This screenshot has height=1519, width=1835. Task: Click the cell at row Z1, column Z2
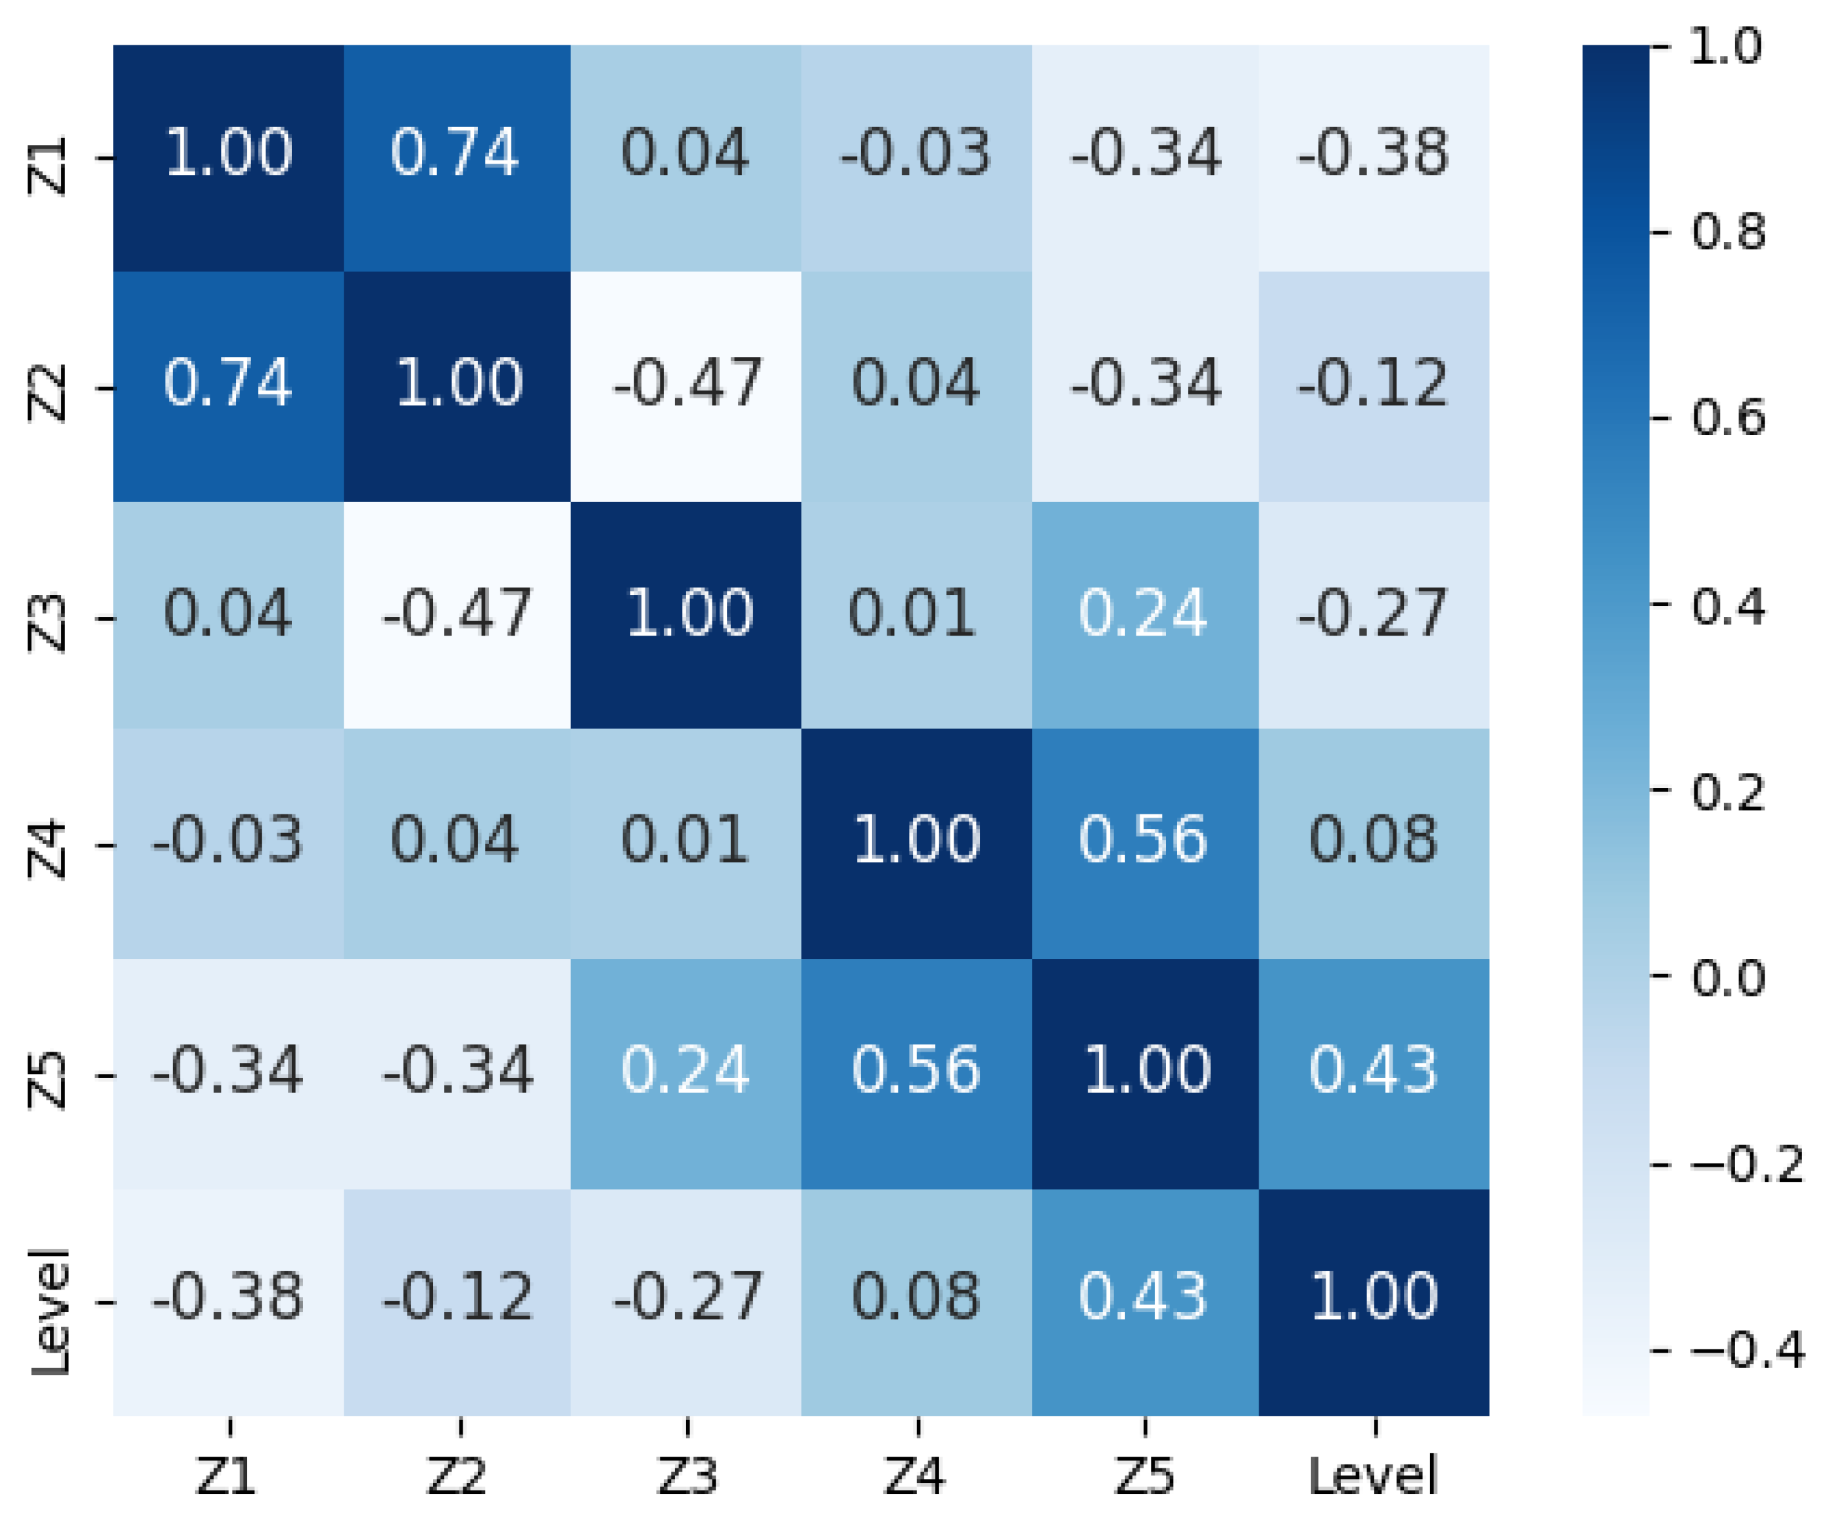(456, 157)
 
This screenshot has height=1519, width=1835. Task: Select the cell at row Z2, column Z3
(686, 386)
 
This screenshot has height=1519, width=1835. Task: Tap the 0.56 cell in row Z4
(1145, 843)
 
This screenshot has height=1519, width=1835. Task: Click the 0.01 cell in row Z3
(916, 615)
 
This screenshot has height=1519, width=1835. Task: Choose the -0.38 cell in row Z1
(1374, 157)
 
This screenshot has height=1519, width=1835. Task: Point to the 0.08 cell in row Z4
(1374, 843)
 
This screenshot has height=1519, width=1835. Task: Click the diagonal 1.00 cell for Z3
(686, 615)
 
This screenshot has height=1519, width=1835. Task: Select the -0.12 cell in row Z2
(1374, 386)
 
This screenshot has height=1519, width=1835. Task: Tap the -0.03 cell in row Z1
(916, 157)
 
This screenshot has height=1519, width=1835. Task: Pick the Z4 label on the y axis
(48, 846)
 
